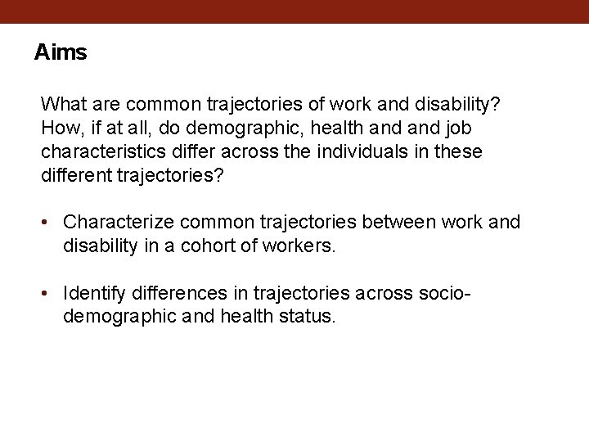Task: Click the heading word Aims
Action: [61, 53]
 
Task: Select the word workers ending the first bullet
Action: [303, 246]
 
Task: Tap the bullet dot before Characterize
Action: [50, 223]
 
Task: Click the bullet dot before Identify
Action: [50, 293]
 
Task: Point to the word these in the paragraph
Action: [459, 152]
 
